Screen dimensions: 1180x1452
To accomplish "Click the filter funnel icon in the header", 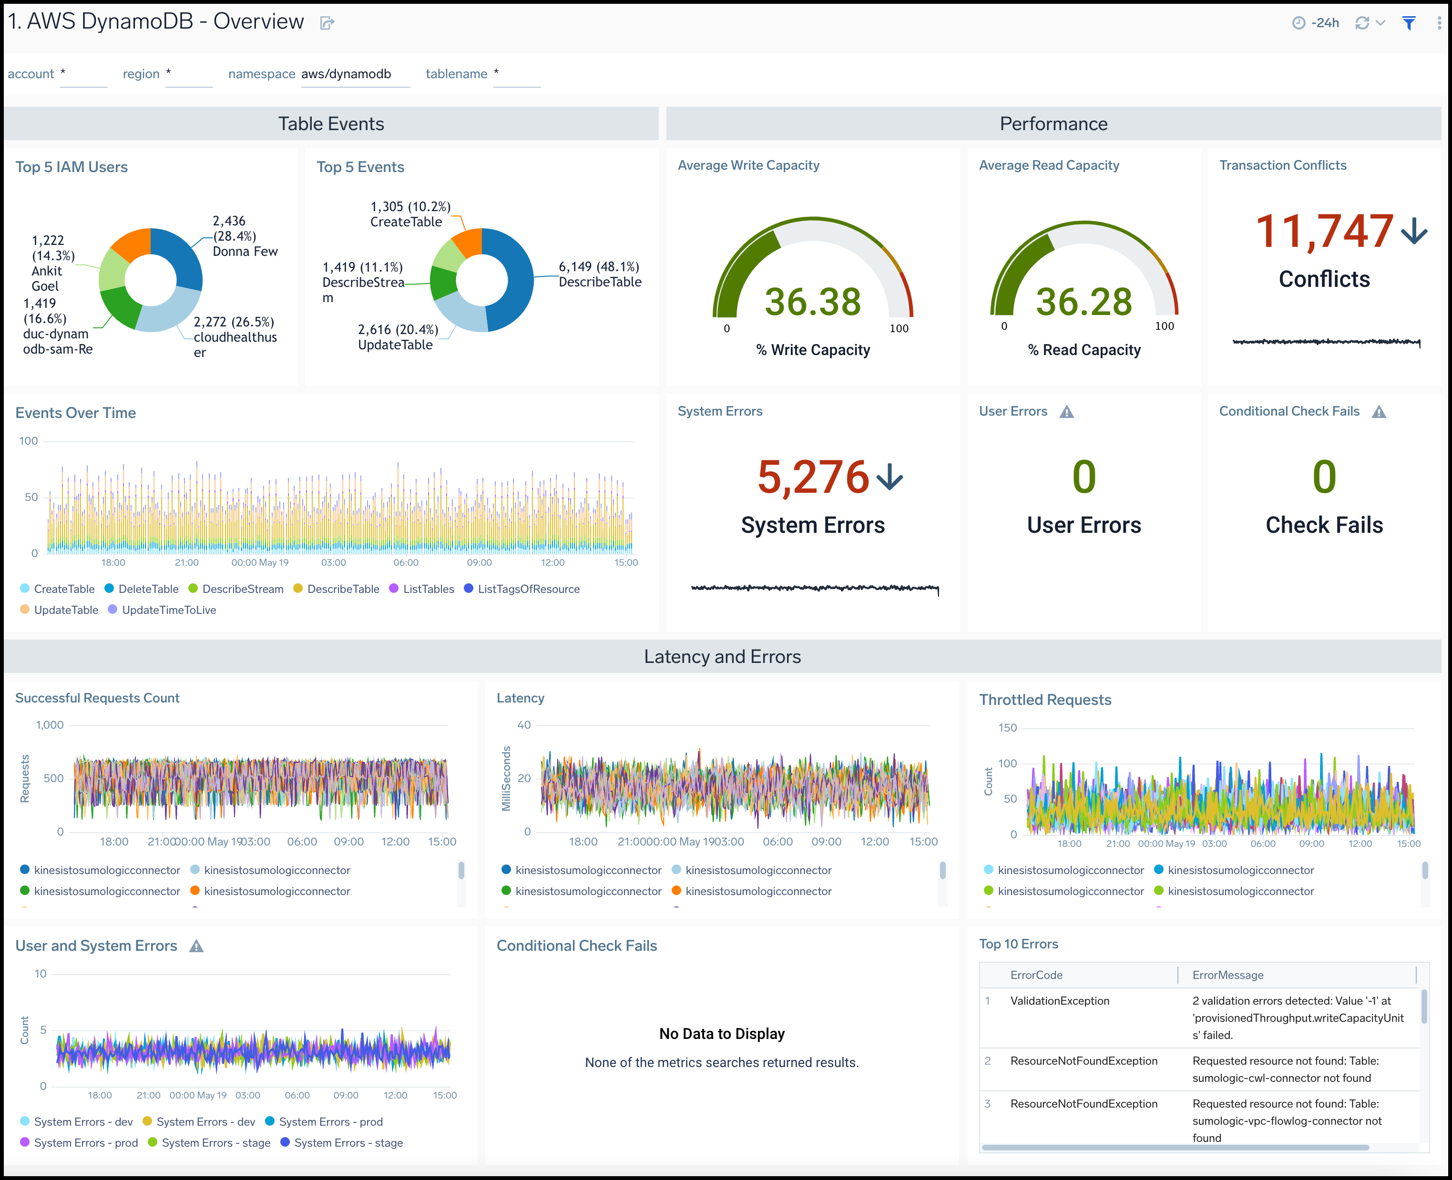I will point(1409,23).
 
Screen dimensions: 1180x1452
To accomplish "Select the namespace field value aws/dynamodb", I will point(346,74).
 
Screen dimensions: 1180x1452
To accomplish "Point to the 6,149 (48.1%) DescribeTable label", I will point(600,275).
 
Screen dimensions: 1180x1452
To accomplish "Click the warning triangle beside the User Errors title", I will point(1066,412).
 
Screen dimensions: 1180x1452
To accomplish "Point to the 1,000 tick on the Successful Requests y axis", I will point(50,725).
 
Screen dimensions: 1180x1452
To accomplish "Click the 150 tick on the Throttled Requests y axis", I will point(1007,728).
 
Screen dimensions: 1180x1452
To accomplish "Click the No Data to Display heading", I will point(722,1034).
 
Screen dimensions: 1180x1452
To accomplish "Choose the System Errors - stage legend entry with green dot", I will point(215,1143).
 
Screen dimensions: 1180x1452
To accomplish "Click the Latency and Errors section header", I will point(722,657).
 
